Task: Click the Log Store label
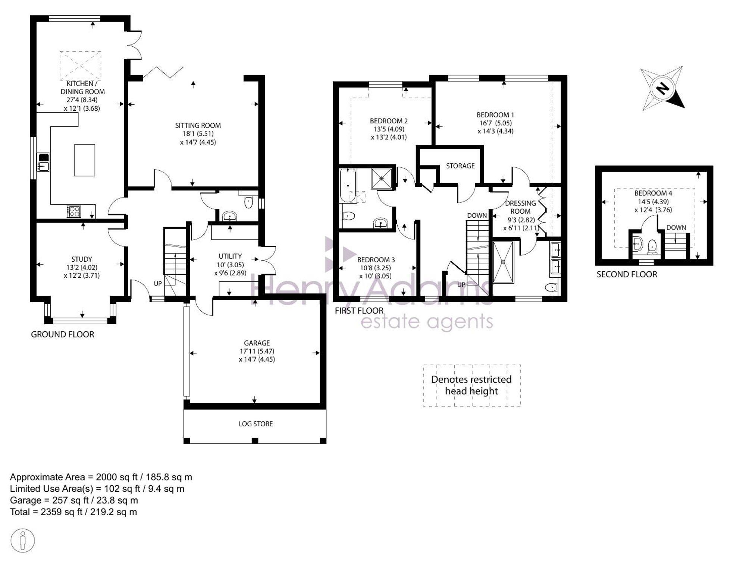[256, 424]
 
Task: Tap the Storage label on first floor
[460, 166]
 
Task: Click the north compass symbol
[662, 89]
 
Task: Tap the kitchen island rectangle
[85, 160]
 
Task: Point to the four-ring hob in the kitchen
[74, 211]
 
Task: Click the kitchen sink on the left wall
[44, 162]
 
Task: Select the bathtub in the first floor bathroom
[348, 186]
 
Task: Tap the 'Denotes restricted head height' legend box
[472, 385]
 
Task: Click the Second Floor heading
[627, 274]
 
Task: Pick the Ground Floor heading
[62, 334]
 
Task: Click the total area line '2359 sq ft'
[73, 512]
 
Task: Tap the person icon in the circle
[23, 541]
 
